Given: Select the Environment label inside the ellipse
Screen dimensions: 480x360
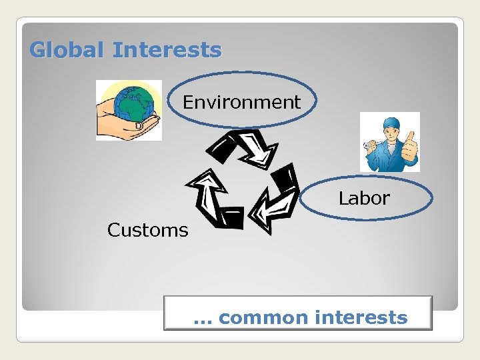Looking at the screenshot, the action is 242,102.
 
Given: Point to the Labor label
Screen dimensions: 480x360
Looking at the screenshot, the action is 364,198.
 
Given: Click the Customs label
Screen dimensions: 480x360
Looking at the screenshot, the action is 148,230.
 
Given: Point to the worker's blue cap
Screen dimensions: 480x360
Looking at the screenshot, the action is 390,122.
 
